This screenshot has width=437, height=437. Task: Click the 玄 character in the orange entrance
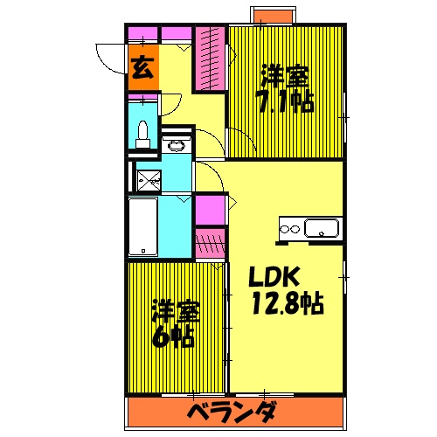click(143, 67)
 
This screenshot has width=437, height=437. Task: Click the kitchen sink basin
click(323, 230)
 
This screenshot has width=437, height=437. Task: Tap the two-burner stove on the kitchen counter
click(289, 230)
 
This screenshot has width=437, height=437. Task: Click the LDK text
click(276, 278)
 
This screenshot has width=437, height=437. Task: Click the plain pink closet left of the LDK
click(208, 211)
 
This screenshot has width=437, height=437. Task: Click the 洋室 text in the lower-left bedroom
click(174, 310)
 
